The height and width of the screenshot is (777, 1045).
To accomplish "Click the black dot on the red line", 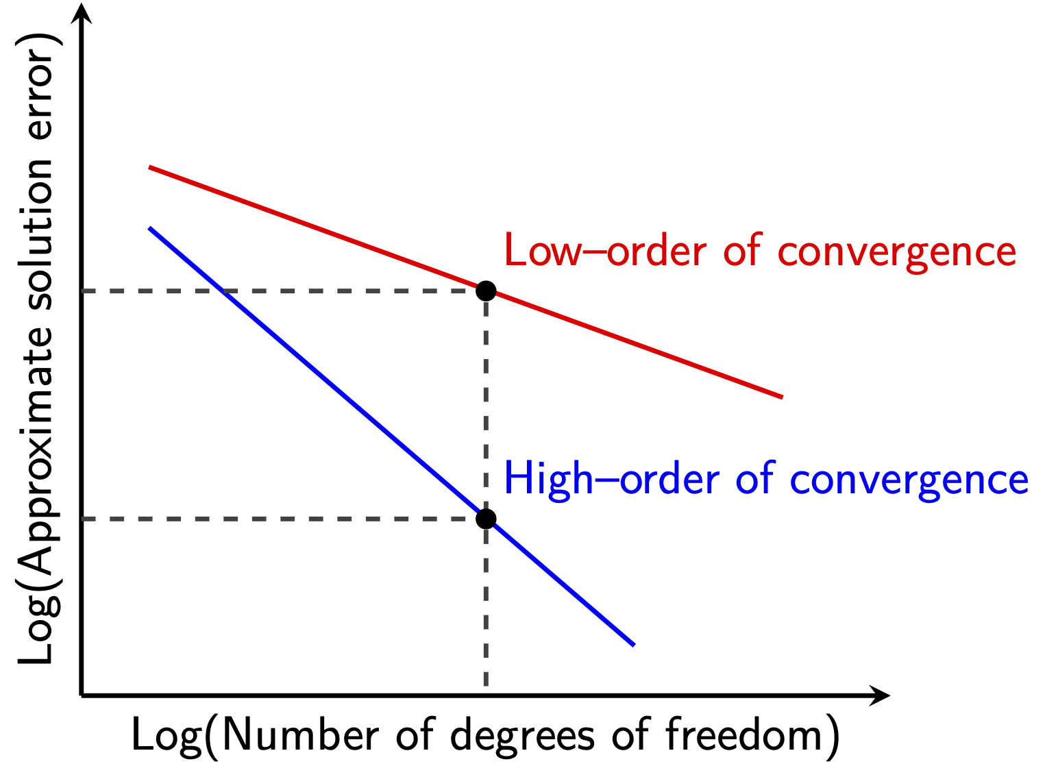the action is pyautogui.click(x=486, y=291).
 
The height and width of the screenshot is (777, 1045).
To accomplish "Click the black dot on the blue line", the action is pyautogui.click(x=486, y=519).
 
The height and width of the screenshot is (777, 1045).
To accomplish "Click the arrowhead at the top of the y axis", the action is pyautogui.click(x=81, y=13).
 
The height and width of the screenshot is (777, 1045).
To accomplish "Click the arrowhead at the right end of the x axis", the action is pyautogui.click(x=879, y=695).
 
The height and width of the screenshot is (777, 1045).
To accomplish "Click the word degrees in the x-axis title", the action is pyautogui.click(x=522, y=737).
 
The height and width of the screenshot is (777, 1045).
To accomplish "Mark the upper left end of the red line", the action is pyautogui.click(x=149, y=166).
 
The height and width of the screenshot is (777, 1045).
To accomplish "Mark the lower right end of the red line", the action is pyautogui.click(x=783, y=397).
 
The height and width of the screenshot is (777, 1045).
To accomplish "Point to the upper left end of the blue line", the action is pyautogui.click(x=149, y=228).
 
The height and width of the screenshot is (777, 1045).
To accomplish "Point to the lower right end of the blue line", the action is pyautogui.click(x=635, y=645).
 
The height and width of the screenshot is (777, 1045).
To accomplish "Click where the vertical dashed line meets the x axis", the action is pyautogui.click(x=486, y=695).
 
